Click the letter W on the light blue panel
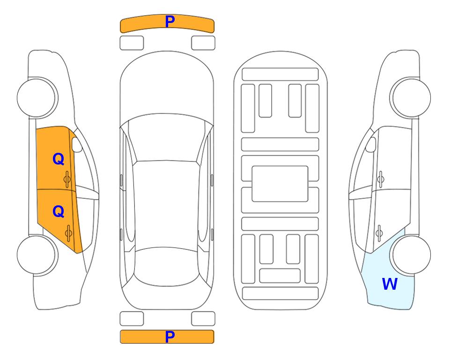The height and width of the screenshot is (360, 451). [390, 284]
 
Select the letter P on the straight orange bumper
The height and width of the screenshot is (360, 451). [170, 337]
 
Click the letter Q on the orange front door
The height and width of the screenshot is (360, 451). [59, 159]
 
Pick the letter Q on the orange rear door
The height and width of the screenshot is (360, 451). [59, 212]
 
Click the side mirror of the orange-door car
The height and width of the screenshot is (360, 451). [77, 144]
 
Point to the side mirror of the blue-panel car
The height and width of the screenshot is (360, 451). [371, 144]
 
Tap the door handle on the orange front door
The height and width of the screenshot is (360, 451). [67, 179]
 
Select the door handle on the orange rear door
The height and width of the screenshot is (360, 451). [68, 233]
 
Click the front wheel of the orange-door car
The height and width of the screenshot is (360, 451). [37, 98]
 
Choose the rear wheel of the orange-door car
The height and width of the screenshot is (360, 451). [37, 255]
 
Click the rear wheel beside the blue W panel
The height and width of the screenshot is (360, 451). [410, 255]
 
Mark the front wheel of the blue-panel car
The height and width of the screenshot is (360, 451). [410, 98]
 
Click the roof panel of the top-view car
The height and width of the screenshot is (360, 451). [166, 204]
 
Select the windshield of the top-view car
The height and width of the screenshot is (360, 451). [167, 138]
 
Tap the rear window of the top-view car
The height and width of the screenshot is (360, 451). [166, 266]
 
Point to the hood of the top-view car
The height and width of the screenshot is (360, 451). [167, 86]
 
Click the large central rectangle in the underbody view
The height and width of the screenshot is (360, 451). [280, 184]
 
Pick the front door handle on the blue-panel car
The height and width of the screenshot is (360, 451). [381, 179]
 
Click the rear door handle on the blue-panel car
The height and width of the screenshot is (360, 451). [379, 233]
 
